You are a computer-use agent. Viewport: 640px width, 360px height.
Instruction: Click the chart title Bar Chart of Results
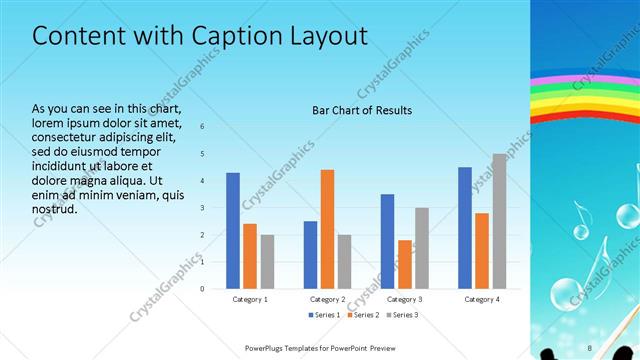point(362,110)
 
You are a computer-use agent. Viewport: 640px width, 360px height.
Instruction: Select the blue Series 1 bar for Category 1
point(233,231)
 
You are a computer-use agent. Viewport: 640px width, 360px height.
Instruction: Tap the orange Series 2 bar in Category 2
point(327,229)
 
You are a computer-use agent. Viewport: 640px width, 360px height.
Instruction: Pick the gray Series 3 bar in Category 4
point(499,221)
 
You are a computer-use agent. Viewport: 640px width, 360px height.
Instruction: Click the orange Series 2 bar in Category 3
point(405,264)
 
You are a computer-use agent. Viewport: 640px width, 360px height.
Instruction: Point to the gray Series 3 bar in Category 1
point(267,261)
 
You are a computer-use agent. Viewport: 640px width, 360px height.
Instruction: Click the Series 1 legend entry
point(324,315)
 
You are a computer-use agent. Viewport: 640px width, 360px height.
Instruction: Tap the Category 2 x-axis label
point(327,299)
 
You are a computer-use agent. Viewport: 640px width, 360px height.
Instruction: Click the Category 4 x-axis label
point(482,299)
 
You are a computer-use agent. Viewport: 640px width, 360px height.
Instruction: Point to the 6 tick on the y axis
point(202,127)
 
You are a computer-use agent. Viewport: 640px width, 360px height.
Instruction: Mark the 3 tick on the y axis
point(202,208)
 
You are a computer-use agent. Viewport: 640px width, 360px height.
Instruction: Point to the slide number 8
point(590,347)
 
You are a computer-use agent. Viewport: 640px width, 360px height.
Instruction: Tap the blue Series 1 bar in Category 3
point(388,241)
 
